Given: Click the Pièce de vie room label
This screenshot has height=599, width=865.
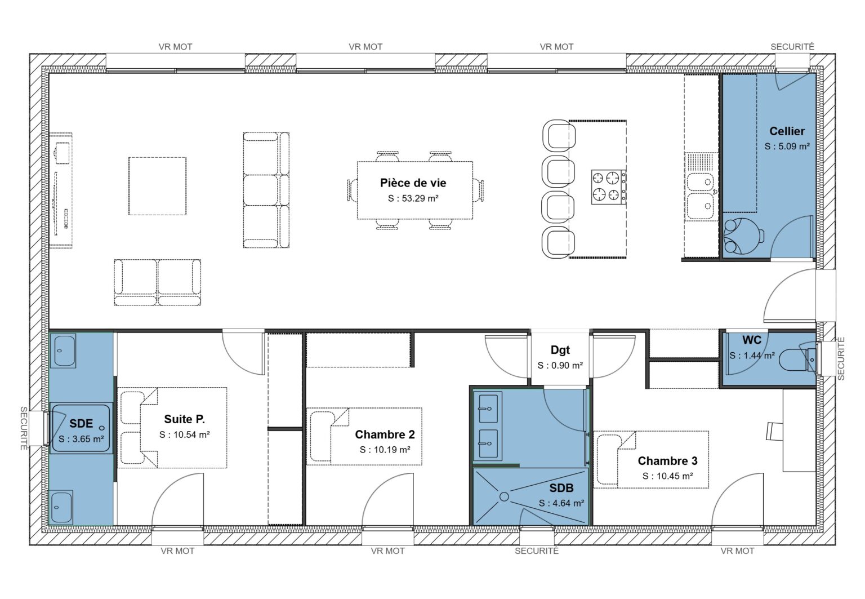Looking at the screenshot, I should pos(413,183).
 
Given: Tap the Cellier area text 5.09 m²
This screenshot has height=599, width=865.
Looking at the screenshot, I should pos(787,146).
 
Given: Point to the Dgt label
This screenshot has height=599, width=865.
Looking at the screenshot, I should pos(560,350).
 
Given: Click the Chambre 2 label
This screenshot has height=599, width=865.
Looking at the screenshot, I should pos(385,434).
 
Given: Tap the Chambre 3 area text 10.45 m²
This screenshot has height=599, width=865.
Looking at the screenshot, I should pos(667,476).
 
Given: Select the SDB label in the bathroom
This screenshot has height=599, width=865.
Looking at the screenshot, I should pos(561,488).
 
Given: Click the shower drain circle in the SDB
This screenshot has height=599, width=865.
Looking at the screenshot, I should pos(504,496).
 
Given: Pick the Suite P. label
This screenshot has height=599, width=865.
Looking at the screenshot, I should pos(184,419).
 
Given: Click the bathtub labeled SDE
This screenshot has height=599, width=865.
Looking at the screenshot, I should pos(81,429).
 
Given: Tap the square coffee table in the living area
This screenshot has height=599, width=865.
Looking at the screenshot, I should pos(157,186).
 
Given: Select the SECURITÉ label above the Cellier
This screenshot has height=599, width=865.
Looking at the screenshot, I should pos(792,47).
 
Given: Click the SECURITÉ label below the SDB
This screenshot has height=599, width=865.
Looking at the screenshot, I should pos(536,551).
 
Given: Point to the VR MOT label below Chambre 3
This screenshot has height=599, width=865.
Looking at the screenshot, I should pos(737,551).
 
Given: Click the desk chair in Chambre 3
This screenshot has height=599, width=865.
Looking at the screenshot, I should pos(774,431).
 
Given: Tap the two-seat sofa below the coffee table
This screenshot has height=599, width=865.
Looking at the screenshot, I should pos(157,282).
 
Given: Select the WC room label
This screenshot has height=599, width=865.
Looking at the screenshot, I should pos(751,340).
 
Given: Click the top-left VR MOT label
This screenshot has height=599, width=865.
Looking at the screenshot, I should pos(175,47).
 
